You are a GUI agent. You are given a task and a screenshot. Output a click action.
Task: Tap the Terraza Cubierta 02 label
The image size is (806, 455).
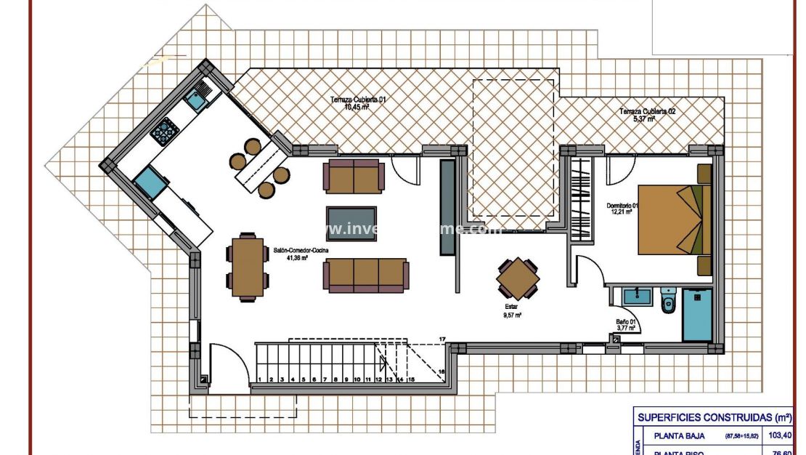pyautogui.click(x=648, y=115)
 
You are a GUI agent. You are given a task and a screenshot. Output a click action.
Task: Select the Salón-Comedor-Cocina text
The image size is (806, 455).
pyautogui.click(x=301, y=252)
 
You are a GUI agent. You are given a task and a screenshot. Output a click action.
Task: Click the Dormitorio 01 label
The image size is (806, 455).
pyautogui.click(x=622, y=209)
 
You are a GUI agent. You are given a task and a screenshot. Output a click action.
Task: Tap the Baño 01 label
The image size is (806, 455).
pyautogui.click(x=626, y=325)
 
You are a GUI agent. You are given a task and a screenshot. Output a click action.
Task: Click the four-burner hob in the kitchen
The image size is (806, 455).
pyautogui.click(x=165, y=130)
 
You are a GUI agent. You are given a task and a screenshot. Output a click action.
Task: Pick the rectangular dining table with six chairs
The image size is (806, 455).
pyautogui.click(x=248, y=266)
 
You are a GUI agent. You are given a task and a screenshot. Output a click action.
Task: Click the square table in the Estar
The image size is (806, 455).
pyautogui.click(x=518, y=278)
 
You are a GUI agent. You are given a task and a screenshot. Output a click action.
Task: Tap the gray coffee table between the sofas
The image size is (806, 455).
pyautogui.click(x=351, y=222)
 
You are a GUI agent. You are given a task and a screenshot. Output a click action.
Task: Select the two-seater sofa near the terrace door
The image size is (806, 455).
pyautogui.click(x=354, y=177)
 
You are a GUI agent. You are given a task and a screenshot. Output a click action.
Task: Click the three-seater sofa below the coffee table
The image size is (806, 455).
pyautogui.click(x=365, y=275)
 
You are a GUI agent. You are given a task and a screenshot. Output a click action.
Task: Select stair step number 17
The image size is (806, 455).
pyautogui.click(x=441, y=339)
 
